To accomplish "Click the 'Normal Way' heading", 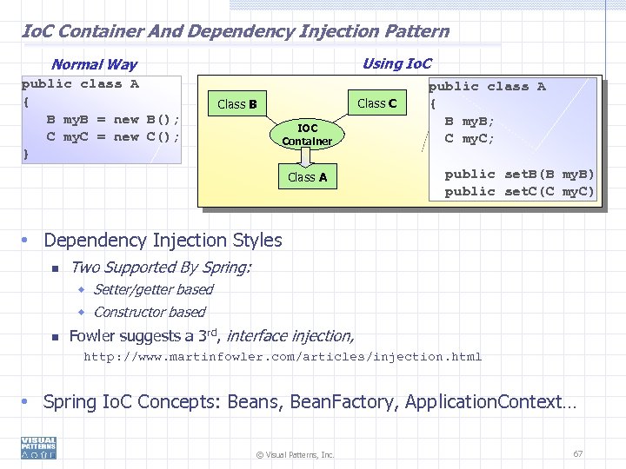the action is [94, 64].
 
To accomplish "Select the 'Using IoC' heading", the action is [396, 63].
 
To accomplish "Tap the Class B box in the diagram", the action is [236, 104].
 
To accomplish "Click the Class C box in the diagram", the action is [377, 103].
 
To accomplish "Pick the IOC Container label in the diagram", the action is [307, 134].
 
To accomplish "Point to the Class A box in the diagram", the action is [307, 177].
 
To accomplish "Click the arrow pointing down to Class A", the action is [307, 157].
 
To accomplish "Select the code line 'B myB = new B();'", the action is [113, 119].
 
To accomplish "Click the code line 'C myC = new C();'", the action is [113, 136].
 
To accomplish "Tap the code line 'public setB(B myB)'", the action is [520, 174].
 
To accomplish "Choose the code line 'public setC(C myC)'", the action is [520, 191].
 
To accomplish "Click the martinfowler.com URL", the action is [282, 356].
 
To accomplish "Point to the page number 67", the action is [578, 453].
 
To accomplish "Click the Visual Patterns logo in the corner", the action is [38, 447].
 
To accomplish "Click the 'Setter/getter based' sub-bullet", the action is [152, 289].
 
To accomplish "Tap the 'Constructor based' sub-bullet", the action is [149, 312].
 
